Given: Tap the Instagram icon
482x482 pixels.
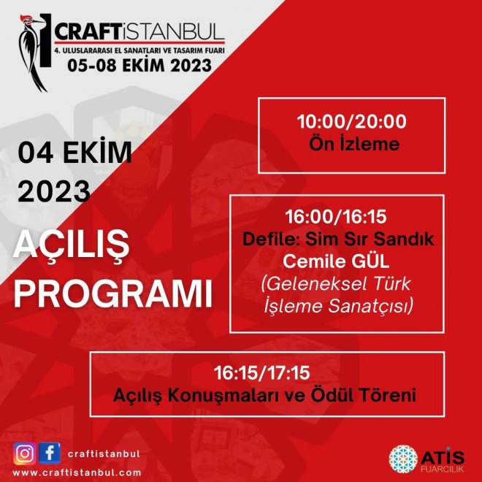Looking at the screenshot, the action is click(x=24, y=454).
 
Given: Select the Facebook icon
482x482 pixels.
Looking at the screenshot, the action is click(x=50, y=453).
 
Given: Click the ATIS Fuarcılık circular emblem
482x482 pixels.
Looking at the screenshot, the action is click(x=403, y=459).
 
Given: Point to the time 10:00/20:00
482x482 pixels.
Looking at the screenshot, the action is click(x=352, y=121).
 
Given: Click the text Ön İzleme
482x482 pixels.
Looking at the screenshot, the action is click(x=354, y=144).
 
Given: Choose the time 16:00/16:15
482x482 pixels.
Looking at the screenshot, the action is click(x=336, y=216).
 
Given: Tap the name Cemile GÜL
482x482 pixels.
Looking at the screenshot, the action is click(x=336, y=261).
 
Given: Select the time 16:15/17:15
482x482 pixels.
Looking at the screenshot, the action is click(x=261, y=373).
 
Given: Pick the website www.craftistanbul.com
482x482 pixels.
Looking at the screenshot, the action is click(x=77, y=473).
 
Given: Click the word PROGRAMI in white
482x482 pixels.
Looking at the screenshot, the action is click(x=113, y=294).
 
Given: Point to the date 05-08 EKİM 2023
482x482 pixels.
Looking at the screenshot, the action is click(x=139, y=65).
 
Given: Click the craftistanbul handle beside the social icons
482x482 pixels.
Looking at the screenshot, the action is click(x=104, y=454).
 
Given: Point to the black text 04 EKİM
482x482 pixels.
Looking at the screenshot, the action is click(x=74, y=152).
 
